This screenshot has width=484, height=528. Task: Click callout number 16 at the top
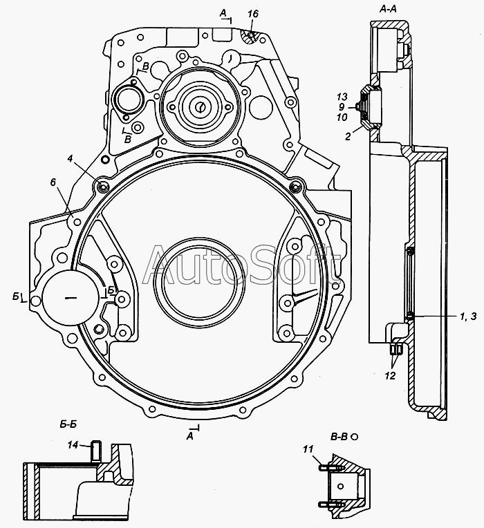click(252, 14)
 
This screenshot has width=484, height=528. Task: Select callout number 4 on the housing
click(70, 158)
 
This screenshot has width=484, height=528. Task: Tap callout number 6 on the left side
click(53, 182)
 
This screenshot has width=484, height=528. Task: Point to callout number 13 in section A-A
click(342, 97)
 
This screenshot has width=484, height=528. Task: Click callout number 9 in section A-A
click(342, 107)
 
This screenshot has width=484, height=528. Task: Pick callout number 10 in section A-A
click(342, 117)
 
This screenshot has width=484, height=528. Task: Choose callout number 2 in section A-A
click(348, 136)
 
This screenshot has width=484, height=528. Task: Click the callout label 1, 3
click(469, 317)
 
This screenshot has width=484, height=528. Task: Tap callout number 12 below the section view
click(390, 375)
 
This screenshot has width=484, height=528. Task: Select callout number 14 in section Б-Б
click(73, 445)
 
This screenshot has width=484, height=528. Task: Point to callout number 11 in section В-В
click(308, 449)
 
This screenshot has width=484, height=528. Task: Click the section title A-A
click(388, 9)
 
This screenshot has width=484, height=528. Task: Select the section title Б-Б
click(68, 424)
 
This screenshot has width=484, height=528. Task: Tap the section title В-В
click(339, 437)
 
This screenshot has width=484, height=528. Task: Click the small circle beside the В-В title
click(354, 437)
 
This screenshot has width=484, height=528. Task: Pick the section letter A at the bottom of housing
click(190, 436)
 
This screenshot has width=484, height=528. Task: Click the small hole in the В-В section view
click(341, 487)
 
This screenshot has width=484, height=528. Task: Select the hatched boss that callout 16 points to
click(250, 37)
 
